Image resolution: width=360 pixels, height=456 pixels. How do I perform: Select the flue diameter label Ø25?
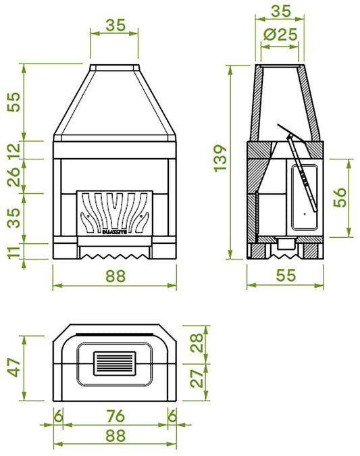(280, 36)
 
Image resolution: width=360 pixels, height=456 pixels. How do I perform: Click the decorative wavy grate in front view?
(114, 211)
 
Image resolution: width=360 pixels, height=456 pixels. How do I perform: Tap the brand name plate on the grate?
(114, 233)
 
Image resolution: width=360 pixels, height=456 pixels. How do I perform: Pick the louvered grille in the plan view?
(114, 365)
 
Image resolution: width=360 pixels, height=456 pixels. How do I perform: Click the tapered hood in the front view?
(114, 101)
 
